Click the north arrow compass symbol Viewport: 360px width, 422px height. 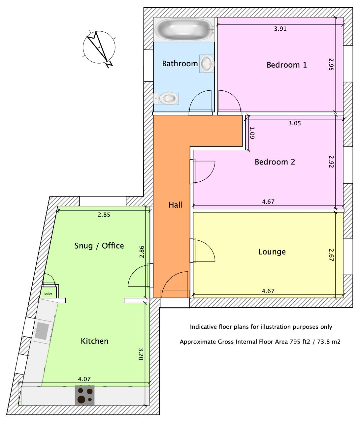(99, 47)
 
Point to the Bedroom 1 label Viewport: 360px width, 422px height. (286, 65)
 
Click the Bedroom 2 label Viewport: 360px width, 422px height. (275, 162)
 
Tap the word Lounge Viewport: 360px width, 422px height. (272, 252)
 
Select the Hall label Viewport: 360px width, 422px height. (175, 205)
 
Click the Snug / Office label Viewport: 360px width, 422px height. (99, 246)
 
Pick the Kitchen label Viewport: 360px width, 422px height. (94, 341)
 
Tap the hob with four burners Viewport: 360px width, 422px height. (85, 395)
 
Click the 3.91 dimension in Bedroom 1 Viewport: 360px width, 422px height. (280, 29)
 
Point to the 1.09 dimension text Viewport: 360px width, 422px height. (252, 133)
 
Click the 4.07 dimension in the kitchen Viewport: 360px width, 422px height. (84, 379)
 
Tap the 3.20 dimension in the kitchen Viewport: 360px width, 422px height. (141, 354)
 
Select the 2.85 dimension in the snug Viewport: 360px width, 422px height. (104, 215)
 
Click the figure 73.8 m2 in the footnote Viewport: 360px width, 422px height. (328, 342)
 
